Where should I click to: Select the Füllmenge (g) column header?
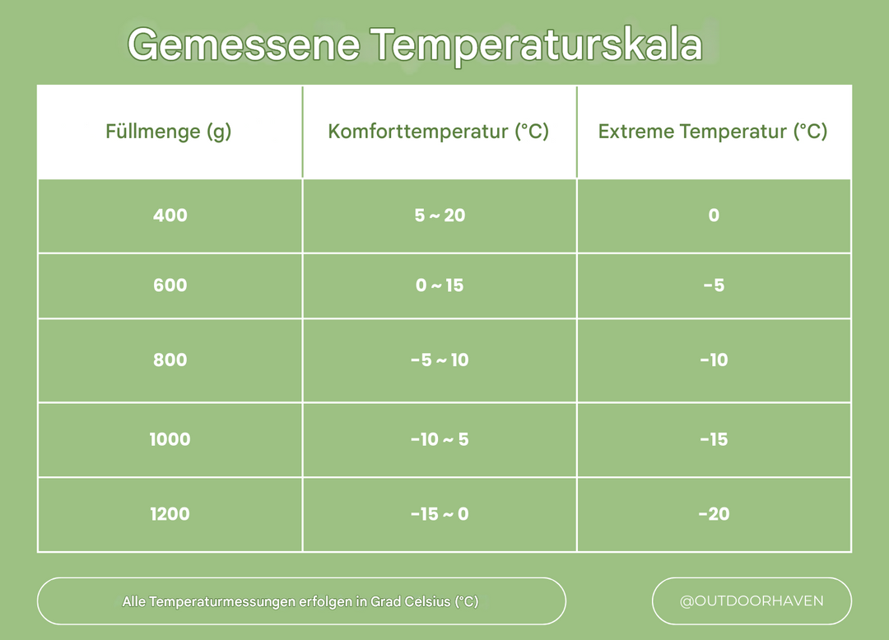169,132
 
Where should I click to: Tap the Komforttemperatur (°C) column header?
439,132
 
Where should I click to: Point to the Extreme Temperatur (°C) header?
713,132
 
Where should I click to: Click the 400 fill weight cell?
170,216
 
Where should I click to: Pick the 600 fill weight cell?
170,285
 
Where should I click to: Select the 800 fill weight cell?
170,359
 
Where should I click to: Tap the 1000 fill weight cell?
170,439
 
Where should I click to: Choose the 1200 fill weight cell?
170,514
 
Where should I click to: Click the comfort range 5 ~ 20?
440,216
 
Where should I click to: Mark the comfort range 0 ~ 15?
440,285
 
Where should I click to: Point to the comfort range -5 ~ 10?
440,359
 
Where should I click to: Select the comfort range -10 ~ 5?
440,439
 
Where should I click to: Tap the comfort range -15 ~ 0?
440,514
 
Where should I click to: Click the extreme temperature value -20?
714,514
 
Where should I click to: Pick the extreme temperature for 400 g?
714,216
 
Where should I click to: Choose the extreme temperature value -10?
714,359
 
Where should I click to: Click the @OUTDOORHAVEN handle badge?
752,601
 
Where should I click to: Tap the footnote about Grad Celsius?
300,601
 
